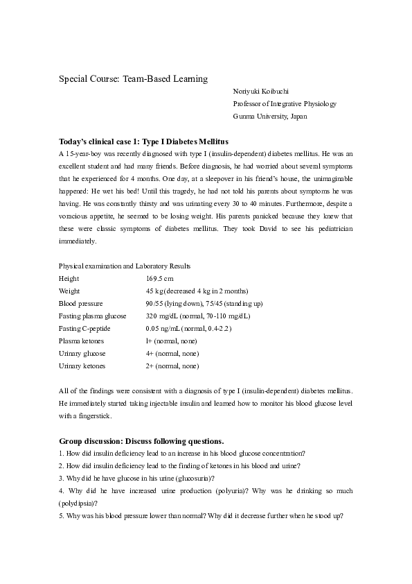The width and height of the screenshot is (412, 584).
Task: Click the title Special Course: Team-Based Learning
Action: point(133,79)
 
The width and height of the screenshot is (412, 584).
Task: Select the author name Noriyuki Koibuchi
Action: point(262,92)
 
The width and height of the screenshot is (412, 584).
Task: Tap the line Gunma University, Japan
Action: point(270,116)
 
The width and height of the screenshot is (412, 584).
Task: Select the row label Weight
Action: point(69,291)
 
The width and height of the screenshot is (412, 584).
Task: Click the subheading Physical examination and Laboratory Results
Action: point(125,266)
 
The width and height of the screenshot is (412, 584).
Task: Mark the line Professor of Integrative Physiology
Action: point(285,103)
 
